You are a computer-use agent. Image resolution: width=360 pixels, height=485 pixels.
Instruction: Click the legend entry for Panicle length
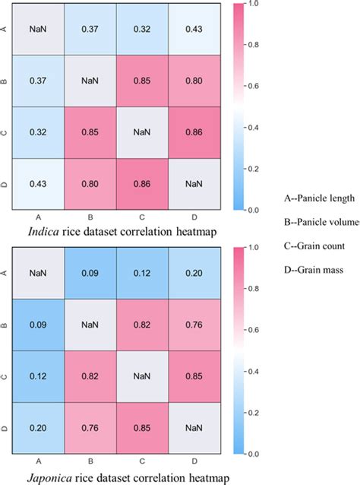(318, 199)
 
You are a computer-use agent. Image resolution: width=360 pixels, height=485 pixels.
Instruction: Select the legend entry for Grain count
(314, 246)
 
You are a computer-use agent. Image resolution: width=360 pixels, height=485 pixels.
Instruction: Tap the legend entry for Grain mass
(312, 269)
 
